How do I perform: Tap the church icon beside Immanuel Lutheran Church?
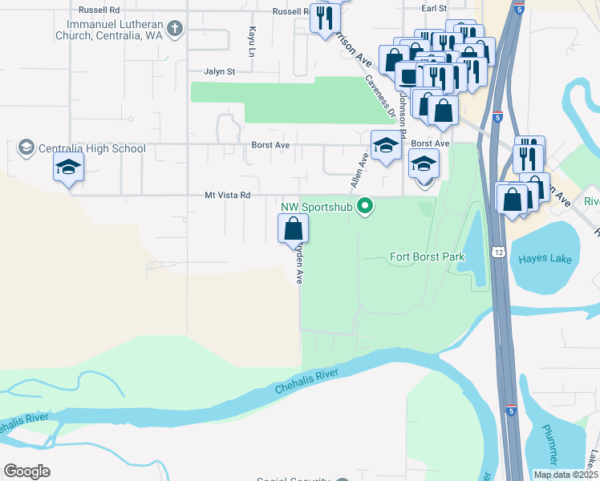176,29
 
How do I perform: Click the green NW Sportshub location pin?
366,207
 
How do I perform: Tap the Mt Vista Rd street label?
228,195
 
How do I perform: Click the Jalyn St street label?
219,71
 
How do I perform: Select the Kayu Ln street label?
252,40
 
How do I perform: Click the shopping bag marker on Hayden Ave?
293,228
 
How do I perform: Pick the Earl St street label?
434,7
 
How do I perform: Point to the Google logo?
26,471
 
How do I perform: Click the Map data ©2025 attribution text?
566,475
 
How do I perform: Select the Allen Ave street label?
358,172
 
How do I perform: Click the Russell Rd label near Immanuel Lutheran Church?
99,10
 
